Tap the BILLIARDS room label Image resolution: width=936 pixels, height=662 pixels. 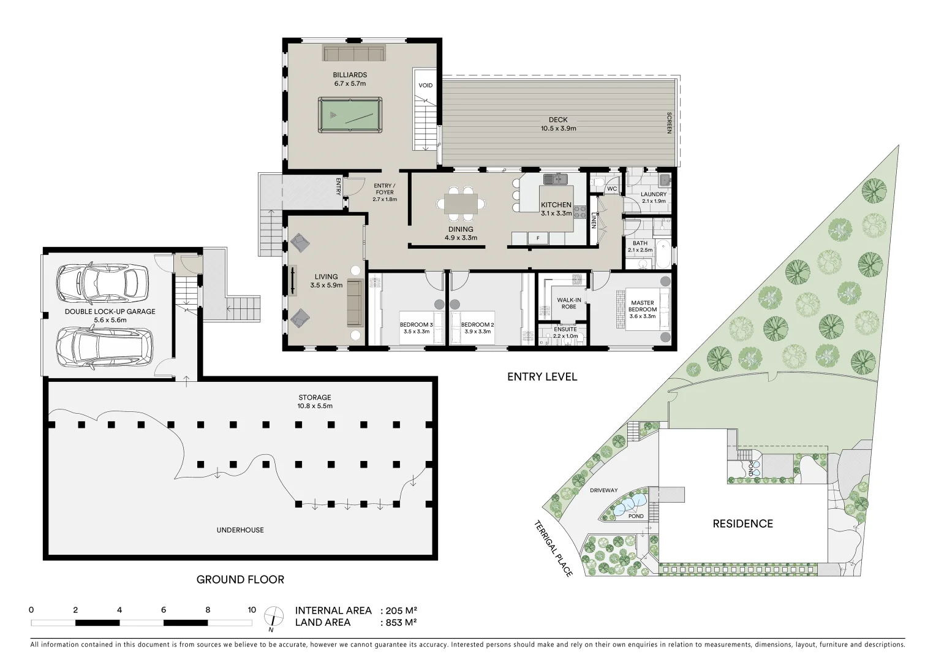coord(350,75)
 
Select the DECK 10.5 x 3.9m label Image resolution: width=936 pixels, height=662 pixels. coord(557,124)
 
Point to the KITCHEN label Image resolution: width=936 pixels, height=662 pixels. coord(556,205)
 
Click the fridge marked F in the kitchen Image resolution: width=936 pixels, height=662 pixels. coord(538,238)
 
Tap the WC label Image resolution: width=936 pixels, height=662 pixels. coord(611,189)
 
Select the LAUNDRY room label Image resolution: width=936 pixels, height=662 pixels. coord(653,194)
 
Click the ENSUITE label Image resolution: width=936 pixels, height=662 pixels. coord(565,329)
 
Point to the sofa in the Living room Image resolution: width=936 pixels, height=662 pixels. coord(355,303)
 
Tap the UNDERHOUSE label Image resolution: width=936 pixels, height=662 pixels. coord(240,530)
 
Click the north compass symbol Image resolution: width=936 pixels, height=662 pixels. coord(273,616)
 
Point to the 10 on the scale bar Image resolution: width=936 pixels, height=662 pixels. coord(251,610)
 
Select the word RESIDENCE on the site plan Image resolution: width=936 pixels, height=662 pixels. coord(742,523)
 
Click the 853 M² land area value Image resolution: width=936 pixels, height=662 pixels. coord(402,622)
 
